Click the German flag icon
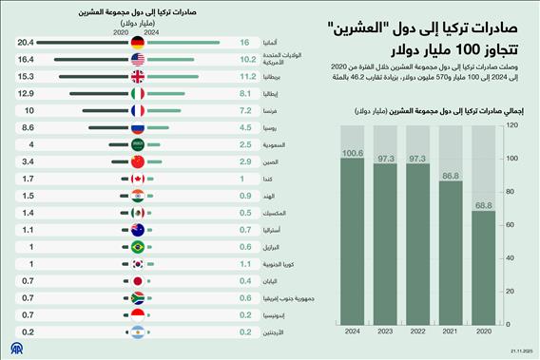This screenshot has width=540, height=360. pyautogui.click(x=138, y=43)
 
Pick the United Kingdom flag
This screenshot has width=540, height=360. pyautogui.click(x=138, y=75)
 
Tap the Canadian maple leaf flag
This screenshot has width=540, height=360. pyautogui.click(x=138, y=179)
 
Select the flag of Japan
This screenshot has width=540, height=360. pyautogui.click(x=138, y=282)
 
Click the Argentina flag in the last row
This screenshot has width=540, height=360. pyautogui.click(x=138, y=332)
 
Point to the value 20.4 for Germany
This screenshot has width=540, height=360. pyautogui.click(x=26, y=43)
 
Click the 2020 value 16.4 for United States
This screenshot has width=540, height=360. pyautogui.click(x=26, y=59)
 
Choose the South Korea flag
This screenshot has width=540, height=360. pyautogui.click(x=138, y=264)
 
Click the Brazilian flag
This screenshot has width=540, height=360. pyautogui.click(x=138, y=247)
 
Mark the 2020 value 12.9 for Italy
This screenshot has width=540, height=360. pyautogui.click(x=26, y=93)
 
